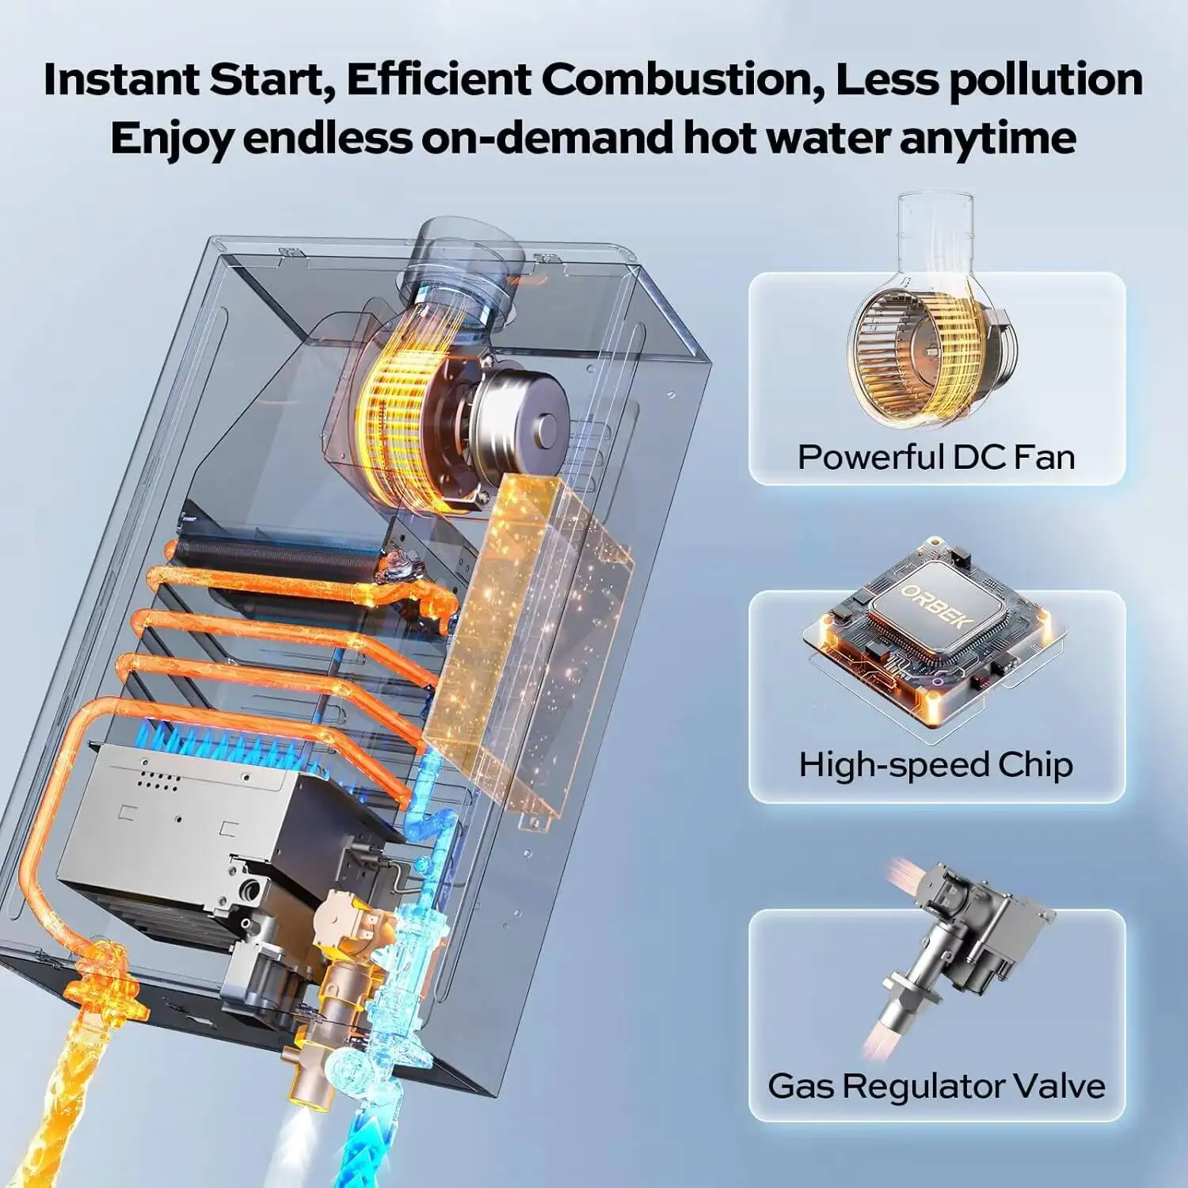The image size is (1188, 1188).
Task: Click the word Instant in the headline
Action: (x=121, y=79)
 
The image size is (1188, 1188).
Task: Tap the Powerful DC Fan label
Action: (x=936, y=457)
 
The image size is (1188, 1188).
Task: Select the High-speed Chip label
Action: (x=936, y=764)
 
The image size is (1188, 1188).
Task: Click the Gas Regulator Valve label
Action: (x=936, y=1085)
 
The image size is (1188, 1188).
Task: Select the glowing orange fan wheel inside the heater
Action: (x=396, y=412)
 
